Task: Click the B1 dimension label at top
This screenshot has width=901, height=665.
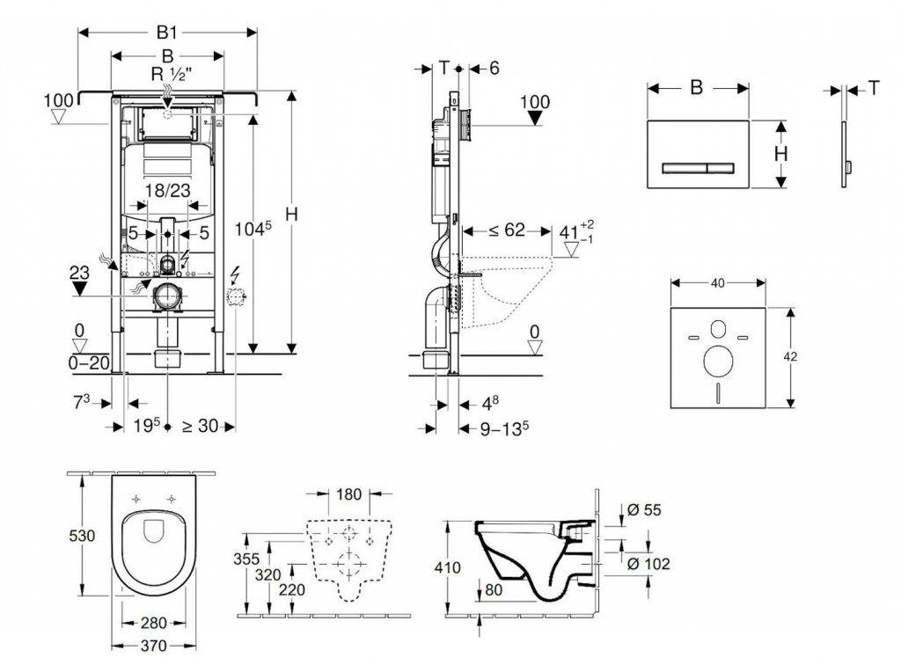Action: tap(167, 33)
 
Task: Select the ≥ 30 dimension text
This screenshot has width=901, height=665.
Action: tap(199, 427)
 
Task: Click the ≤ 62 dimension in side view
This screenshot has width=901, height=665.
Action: tap(508, 231)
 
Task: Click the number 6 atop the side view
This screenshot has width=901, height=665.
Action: tap(494, 68)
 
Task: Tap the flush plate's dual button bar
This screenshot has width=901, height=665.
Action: tap(697, 167)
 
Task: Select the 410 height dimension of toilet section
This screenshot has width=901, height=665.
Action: tap(449, 567)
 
